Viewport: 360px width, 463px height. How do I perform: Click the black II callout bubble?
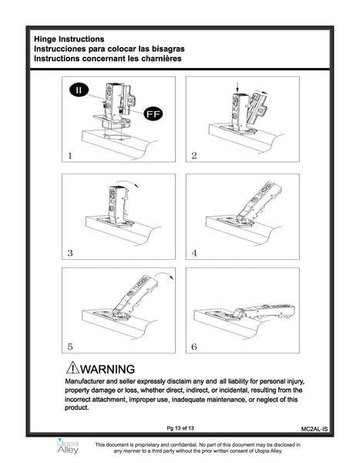click(x=79, y=90)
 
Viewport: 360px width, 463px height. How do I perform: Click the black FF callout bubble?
click(x=153, y=113)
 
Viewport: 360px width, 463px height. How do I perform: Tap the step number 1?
click(x=70, y=156)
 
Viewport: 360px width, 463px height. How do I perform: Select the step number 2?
click(x=193, y=156)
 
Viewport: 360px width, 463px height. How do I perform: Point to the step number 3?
click(x=70, y=253)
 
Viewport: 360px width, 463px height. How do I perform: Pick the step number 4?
click(x=194, y=253)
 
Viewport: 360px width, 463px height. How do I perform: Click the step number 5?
click(x=70, y=346)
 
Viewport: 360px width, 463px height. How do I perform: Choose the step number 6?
click(x=193, y=346)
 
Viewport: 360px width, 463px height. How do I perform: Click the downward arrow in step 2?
click(x=237, y=87)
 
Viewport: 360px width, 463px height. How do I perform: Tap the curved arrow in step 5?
click(x=165, y=274)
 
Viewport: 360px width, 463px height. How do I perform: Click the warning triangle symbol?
click(x=72, y=367)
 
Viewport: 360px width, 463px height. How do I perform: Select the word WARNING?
click(x=107, y=369)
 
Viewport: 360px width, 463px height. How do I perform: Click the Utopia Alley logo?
click(x=68, y=447)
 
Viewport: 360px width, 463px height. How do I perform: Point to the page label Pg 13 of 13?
click(x=180, y=428)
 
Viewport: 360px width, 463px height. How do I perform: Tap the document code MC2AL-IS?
click(x=315, y=429)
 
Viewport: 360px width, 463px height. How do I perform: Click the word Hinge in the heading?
click(x=45, y=39)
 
